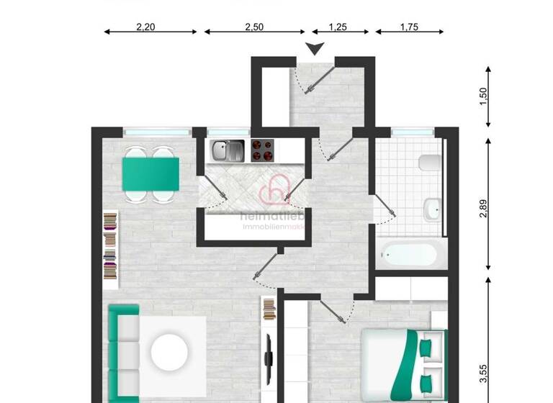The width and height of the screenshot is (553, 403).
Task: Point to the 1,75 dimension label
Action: coord(409,27)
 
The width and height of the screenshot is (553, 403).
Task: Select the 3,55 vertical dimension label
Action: coord(483,376)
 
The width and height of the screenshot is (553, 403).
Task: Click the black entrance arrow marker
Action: coord(314,49)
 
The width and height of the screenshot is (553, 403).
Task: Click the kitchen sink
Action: coord(228,150)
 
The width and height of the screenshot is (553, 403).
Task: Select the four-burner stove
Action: coord(262,150)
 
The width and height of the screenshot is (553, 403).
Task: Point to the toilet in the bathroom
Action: coord(428,162)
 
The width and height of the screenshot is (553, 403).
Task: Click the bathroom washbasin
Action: coord(431,209)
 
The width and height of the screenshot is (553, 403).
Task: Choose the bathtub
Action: coord(409,253)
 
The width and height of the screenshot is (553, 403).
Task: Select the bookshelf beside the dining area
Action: coord(110,245)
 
